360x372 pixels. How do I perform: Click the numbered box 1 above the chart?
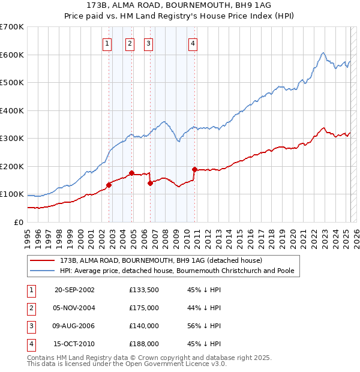click(x=107, y=43)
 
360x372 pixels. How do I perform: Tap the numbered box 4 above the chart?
click(x=193, y=43)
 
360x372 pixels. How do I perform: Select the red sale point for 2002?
click(x=109, y=185)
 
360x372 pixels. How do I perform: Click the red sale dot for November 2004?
click(x=131, y=173)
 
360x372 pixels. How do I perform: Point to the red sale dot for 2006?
click(x=150, y=183)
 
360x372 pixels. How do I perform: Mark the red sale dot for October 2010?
click(x=194, y=170)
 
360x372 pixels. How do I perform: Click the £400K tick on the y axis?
click(x=12, y=110)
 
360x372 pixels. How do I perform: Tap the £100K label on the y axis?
click(x=12, y=194)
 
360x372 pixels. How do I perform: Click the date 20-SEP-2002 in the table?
click(x=74, y=290)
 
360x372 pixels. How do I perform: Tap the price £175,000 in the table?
click(x=144, y=308)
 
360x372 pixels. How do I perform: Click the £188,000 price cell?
click(x=144, y=344)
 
